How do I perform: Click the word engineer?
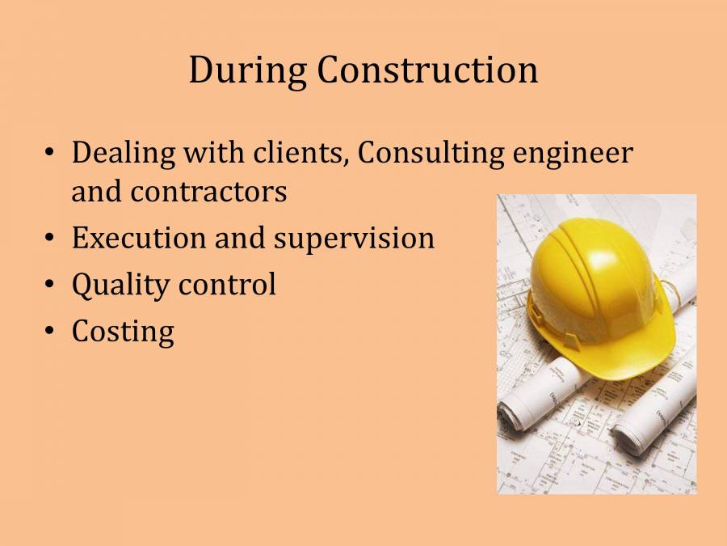[x=574, y=154]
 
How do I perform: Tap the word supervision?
[x=353, y=239]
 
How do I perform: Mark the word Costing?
[x=123, y=332]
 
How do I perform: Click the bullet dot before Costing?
[x=50, y=331]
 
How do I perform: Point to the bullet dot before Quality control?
[x=50, y=284]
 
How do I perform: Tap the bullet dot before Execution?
[x=50, y=238]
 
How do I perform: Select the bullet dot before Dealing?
[x=50, y=153]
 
